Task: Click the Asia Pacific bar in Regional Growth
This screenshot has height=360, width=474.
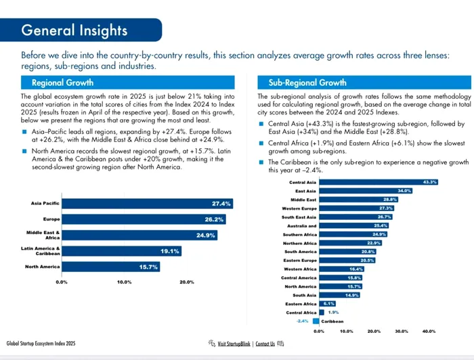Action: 148,204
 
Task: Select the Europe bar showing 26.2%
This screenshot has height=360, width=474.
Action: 144,219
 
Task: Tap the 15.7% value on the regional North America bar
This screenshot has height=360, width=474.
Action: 148,267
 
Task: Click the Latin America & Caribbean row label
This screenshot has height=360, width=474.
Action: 41,251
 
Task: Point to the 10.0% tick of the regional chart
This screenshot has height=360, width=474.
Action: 124,282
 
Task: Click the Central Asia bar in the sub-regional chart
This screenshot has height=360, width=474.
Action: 379,182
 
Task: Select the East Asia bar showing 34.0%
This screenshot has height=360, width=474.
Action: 366,191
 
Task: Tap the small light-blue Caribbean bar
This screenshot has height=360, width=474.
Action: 316,321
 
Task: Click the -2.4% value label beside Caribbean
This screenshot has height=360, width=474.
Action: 302,321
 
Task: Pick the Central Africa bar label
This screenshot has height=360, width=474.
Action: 301,313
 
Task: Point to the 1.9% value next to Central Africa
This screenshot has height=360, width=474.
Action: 333,312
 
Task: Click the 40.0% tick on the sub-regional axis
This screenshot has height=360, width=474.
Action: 429,332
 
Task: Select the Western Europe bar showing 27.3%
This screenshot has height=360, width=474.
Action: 357,208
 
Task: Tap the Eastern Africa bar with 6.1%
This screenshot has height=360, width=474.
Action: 327,304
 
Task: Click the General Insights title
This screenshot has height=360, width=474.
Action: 74,30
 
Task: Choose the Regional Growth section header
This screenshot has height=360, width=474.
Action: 62,83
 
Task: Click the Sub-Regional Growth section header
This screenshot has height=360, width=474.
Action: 307,83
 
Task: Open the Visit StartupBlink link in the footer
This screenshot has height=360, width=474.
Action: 234,344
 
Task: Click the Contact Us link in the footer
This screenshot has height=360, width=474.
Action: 265,344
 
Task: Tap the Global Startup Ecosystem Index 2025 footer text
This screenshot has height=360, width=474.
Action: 41,343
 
